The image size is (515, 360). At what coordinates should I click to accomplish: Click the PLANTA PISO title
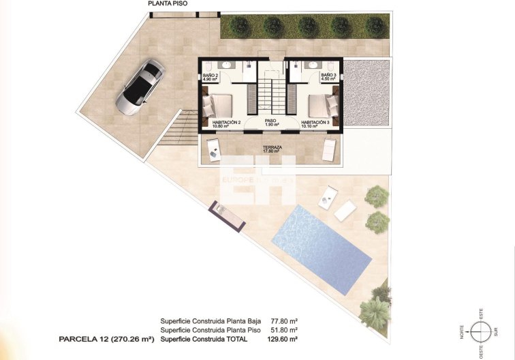tap(170, 3)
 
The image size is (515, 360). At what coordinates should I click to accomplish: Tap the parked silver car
tap(139, 86)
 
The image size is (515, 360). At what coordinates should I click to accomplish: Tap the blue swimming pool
tap(321, 245)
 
